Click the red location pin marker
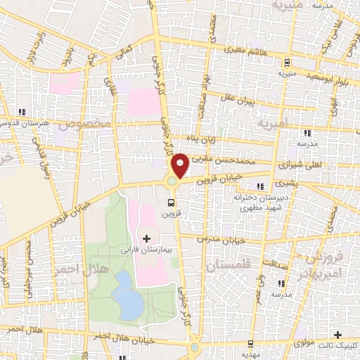(180, 165)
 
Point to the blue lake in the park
(127, 294)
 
